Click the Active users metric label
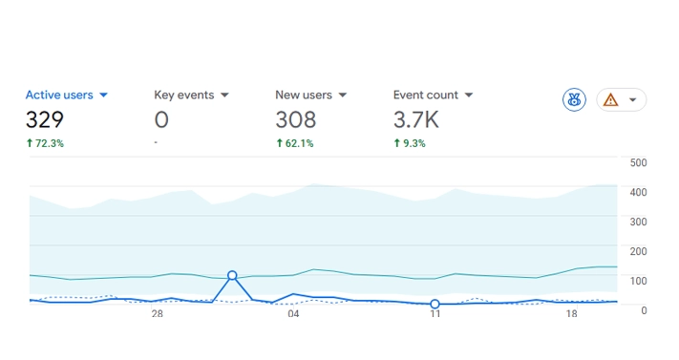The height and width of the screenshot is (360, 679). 58,95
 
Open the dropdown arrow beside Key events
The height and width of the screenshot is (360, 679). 224,95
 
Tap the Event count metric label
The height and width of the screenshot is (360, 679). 425,95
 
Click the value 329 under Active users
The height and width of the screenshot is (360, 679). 45,120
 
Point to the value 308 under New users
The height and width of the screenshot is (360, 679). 295,120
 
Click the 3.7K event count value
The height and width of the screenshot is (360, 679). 416,120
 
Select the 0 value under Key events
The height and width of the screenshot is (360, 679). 161,120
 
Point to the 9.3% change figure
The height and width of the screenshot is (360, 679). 411,143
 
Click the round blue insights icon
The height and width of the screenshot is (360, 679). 574,99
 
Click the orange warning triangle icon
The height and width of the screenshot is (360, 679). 611,99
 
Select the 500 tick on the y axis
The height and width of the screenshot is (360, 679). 639,162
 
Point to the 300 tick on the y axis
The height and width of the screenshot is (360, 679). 639,222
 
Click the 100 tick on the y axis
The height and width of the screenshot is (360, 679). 639,281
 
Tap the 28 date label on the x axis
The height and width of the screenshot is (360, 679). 157,314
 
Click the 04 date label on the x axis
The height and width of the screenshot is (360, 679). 293,314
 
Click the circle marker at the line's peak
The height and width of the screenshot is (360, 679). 232,275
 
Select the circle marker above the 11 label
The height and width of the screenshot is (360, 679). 435,304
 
